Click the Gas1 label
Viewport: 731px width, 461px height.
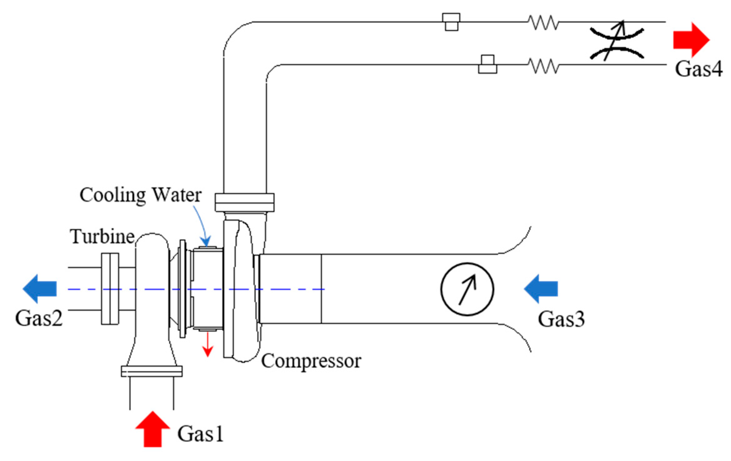(x=200, y=434)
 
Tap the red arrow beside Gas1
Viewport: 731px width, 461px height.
(x=153, y=429)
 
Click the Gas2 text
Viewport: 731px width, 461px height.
(x=39, y=318)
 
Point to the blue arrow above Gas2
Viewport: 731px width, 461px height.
(x=40, y=288)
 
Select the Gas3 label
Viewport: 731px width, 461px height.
(x=561, y=319)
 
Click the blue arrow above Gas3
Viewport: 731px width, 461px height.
(x=541, y=288)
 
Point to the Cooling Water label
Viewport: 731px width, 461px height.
(x=140, y=195)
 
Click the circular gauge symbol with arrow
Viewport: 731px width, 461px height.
(x=467, y=289)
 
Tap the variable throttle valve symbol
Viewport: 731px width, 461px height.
(x=617, y=43)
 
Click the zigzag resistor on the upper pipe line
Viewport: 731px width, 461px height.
(x=543, y=23)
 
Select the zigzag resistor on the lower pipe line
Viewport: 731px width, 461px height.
(x=543, y=66)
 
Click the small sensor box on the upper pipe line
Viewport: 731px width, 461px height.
(x=451, y=22)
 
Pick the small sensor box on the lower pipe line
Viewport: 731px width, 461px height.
(x=488, y=65)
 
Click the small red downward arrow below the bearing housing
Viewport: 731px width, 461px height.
(x=208, y=344)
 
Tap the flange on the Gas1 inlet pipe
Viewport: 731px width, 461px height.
(x=152, y=372)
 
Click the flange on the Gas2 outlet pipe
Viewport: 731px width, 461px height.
(x=110, y=288)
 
